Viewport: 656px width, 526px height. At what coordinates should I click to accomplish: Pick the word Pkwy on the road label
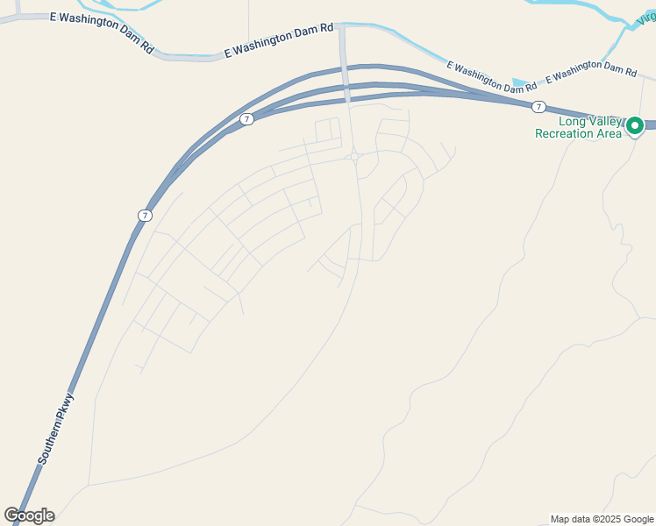[68, 408]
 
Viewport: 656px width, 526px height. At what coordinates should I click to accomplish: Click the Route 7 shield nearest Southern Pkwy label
[145, 215]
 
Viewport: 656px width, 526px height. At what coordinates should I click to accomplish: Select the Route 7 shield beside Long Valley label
[538, 107]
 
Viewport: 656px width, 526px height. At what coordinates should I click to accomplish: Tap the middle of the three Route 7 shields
[246, 119]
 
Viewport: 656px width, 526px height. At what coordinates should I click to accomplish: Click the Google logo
[29, 515]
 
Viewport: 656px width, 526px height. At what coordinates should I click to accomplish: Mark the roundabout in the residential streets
[353, 157]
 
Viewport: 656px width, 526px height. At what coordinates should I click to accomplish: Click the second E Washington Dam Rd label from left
[279, 40]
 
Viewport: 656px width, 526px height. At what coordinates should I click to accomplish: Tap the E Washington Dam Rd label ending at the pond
[491, 77]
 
